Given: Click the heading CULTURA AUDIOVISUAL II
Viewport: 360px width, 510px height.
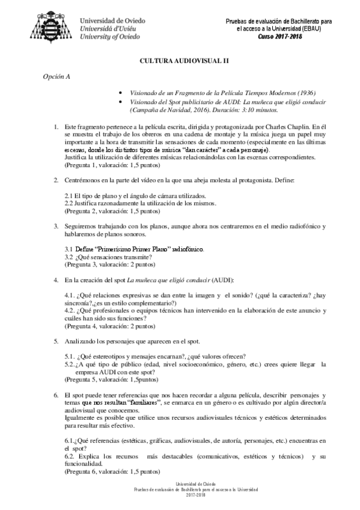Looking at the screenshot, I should [179, 61].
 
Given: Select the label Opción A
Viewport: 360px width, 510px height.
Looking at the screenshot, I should [55, 77].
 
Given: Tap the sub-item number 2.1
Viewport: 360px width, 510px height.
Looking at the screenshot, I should [69, 196].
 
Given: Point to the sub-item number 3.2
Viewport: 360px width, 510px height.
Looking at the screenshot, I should [69, 256].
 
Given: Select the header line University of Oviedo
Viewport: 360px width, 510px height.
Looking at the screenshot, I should [111, 36].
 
